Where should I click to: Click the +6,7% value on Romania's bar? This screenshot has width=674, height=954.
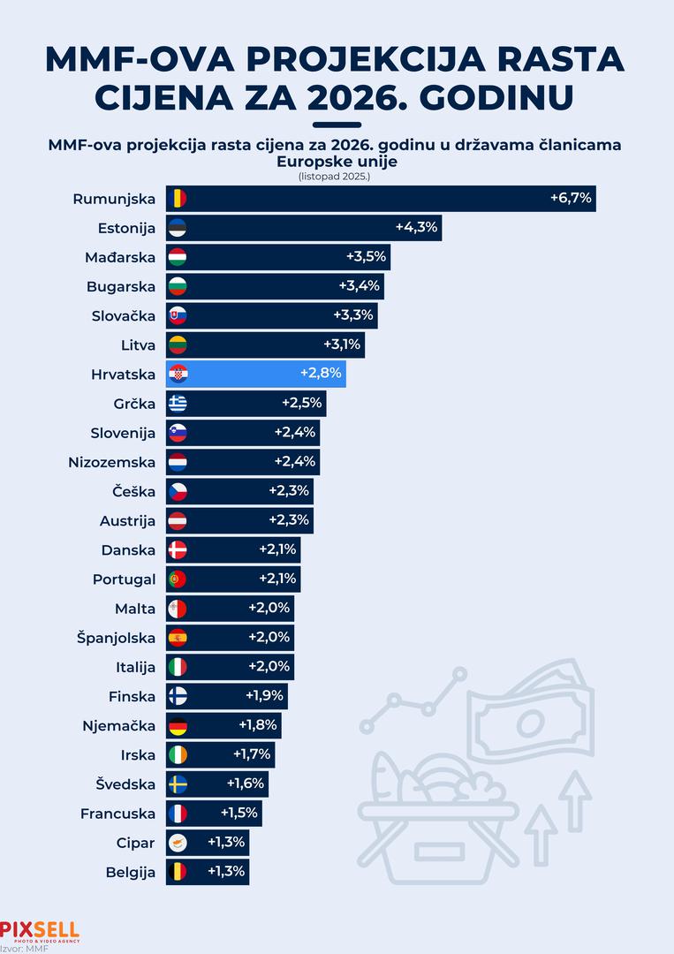(571, 199)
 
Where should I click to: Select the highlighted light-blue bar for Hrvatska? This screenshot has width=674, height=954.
(256, 375)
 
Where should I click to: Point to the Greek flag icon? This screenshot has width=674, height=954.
(177, 404)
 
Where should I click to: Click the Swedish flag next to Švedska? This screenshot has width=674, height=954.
(177, 784)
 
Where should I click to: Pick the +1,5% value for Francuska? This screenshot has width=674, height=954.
(238, 814)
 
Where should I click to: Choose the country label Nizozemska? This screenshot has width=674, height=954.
(111, 462)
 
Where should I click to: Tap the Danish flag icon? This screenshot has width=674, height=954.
(177, 550)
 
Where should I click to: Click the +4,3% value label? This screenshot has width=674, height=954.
(416, 228)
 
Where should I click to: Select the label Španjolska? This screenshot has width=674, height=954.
(116, 638)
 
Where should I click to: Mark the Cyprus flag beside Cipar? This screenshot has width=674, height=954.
(177, 843)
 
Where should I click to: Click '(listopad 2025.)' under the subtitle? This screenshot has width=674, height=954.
(337, 176)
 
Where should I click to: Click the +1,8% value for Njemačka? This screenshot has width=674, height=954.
(258, 725)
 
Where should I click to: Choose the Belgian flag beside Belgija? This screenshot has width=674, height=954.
(177, 872)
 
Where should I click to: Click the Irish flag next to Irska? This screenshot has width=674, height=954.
(177, 755)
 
